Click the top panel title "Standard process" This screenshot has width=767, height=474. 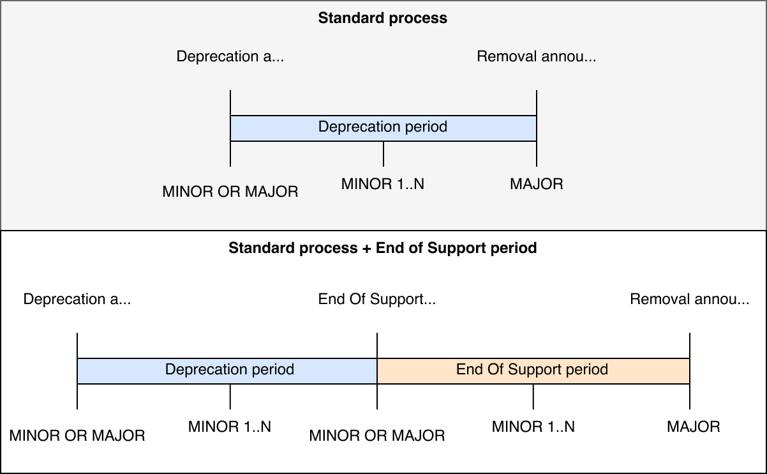[x=383, y=18]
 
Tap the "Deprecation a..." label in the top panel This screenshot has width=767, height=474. [x=230, y=56]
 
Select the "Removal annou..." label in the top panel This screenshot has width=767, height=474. [x=537, y=56]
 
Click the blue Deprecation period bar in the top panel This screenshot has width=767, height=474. [x=383, y=128]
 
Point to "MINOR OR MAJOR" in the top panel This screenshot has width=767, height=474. [x=230, y=191]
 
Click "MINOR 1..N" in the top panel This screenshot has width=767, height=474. [x=383, y=185]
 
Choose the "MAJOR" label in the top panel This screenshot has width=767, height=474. [x=537, y=185]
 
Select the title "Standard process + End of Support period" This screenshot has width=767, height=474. [x=383, y=248]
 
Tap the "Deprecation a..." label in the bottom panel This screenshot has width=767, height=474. [x=77, y=299]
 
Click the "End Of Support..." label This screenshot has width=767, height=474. [x=377, y=299]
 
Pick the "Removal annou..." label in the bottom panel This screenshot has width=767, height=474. [x=690, y=299]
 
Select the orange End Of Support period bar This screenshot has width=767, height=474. [x=533, y=371]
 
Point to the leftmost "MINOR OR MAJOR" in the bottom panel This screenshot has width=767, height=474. [x=77, y=436]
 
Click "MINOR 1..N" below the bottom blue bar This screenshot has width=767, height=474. [x=230, y=427]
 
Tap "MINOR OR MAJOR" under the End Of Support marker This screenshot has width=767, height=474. [x=377, y=436]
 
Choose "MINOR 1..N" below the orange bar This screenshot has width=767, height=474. [x=533, y=427]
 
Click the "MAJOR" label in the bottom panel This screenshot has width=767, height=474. [x=694, y=427]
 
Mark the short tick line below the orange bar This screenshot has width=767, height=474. [x=533, y=396]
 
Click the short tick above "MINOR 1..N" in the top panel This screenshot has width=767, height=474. [x=383, y=153]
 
